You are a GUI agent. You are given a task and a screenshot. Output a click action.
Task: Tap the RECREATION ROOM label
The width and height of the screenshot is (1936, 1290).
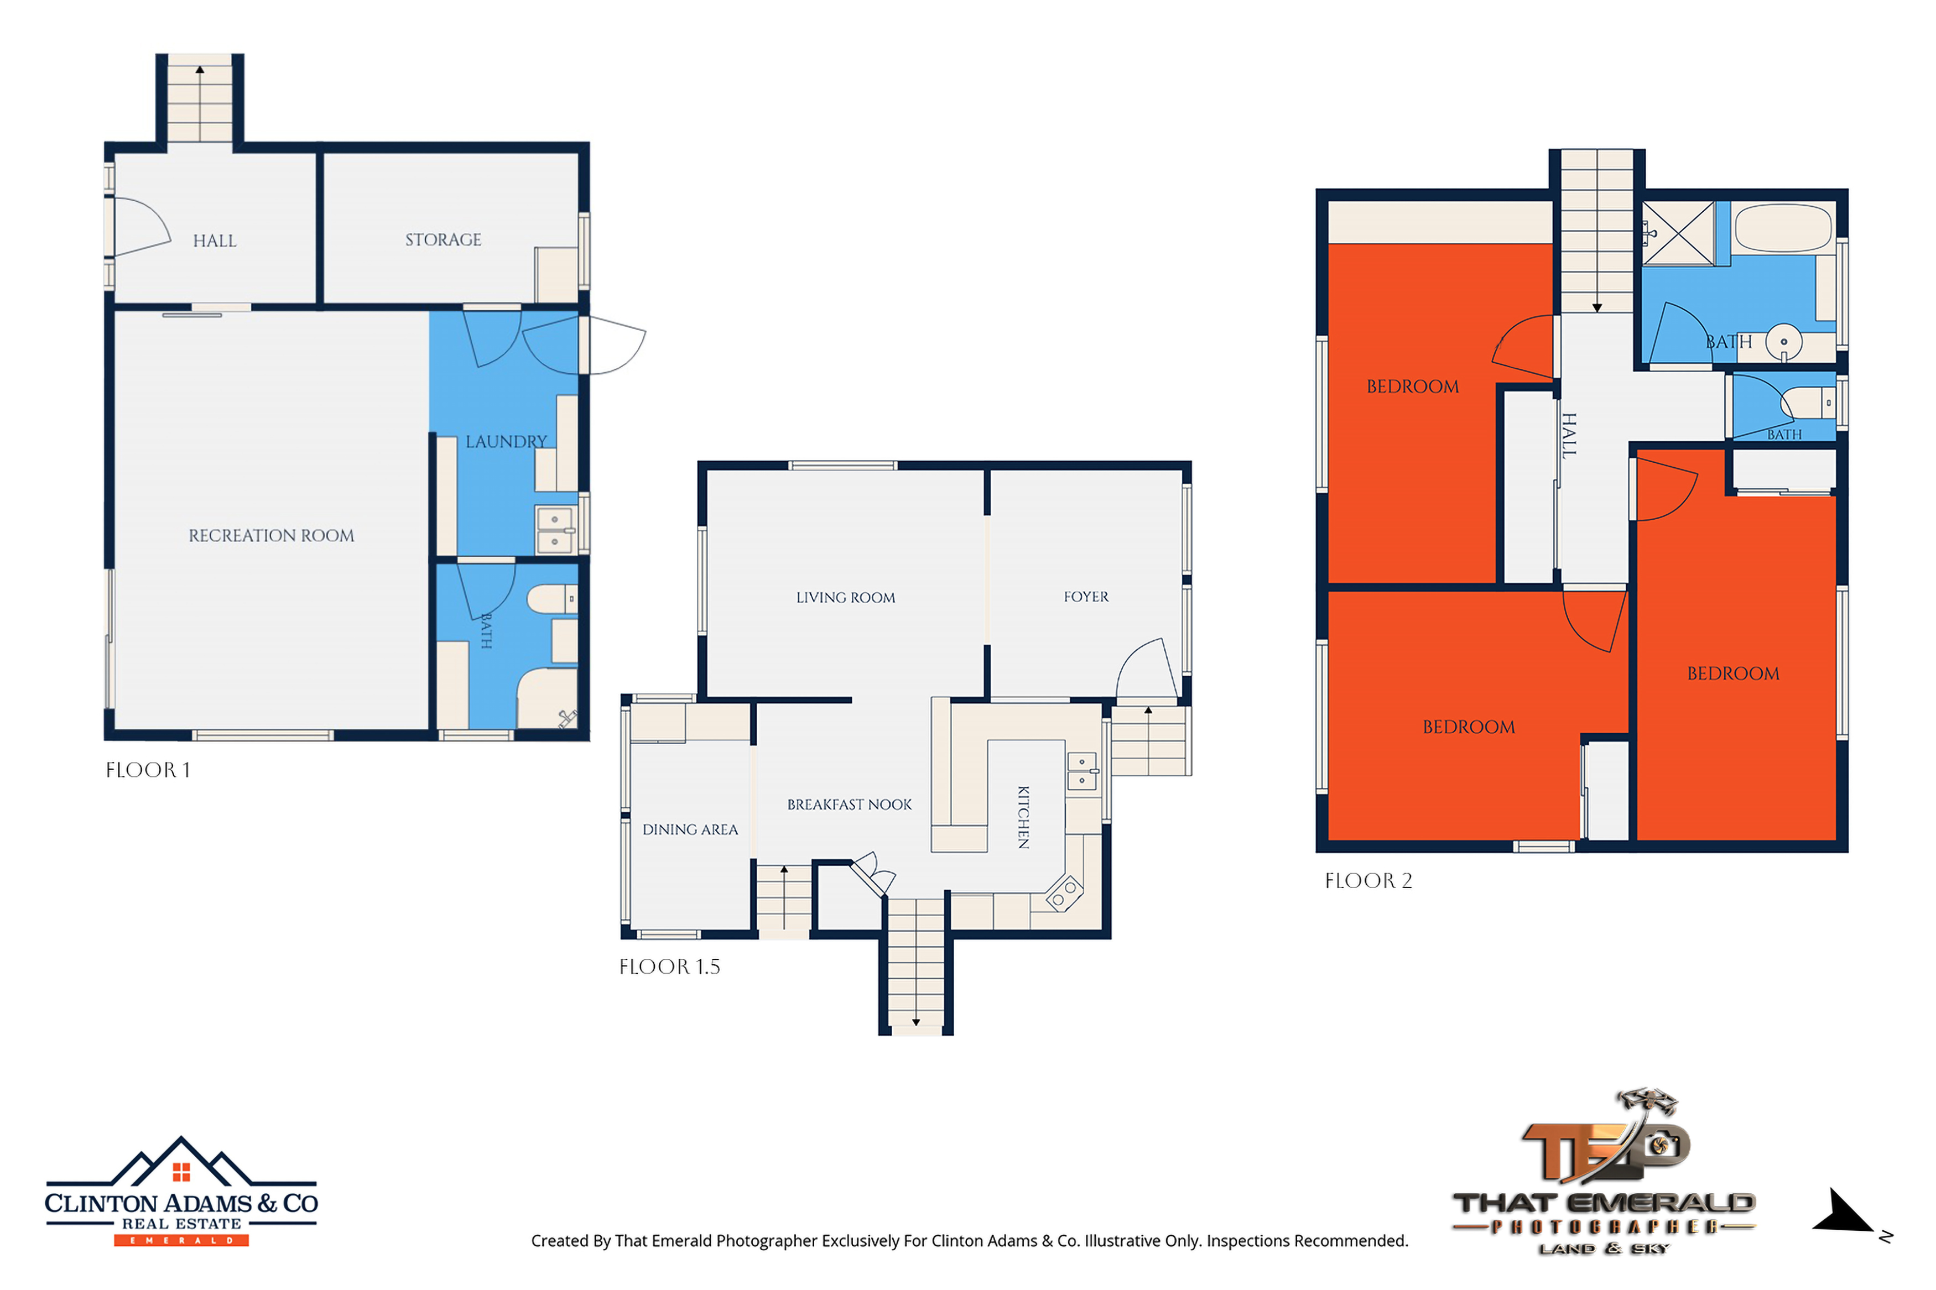[272, 536]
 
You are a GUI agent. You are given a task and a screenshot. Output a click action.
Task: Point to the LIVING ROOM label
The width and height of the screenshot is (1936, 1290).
[845, 597]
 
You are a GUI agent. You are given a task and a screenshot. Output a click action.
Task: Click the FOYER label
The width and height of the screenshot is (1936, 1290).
[1085, 597]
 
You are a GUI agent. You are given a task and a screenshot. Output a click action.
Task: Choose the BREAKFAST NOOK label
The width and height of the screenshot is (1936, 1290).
[849, 805]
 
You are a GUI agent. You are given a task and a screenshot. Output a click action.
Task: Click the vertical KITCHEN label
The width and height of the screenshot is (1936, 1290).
[1023, 817]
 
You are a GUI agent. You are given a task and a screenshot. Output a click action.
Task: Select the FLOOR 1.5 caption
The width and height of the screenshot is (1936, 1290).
[669, 967]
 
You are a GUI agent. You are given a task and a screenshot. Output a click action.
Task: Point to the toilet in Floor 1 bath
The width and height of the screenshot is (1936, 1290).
[551, 599]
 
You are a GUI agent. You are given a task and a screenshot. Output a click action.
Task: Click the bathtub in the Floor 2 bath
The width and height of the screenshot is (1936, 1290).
[1782, 227]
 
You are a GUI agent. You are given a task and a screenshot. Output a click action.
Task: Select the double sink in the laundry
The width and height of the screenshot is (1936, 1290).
[555, 529]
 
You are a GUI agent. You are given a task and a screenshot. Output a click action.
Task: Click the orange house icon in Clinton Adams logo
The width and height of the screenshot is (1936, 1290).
[181, 1172]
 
